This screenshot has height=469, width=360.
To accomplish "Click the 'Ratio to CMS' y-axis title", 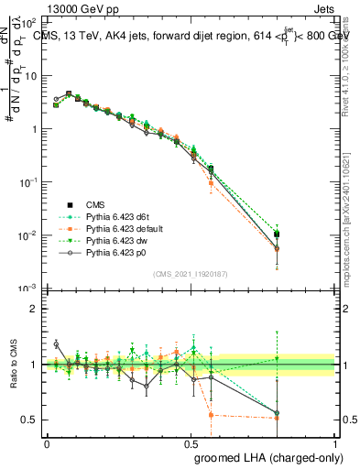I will point(13,365).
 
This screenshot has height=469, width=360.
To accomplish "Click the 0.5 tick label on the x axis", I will point(191,442).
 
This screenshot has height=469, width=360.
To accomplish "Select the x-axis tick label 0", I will point(47,442).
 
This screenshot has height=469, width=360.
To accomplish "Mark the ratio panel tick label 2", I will point(35,309).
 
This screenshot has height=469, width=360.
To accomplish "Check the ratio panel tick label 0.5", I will point(31,420).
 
